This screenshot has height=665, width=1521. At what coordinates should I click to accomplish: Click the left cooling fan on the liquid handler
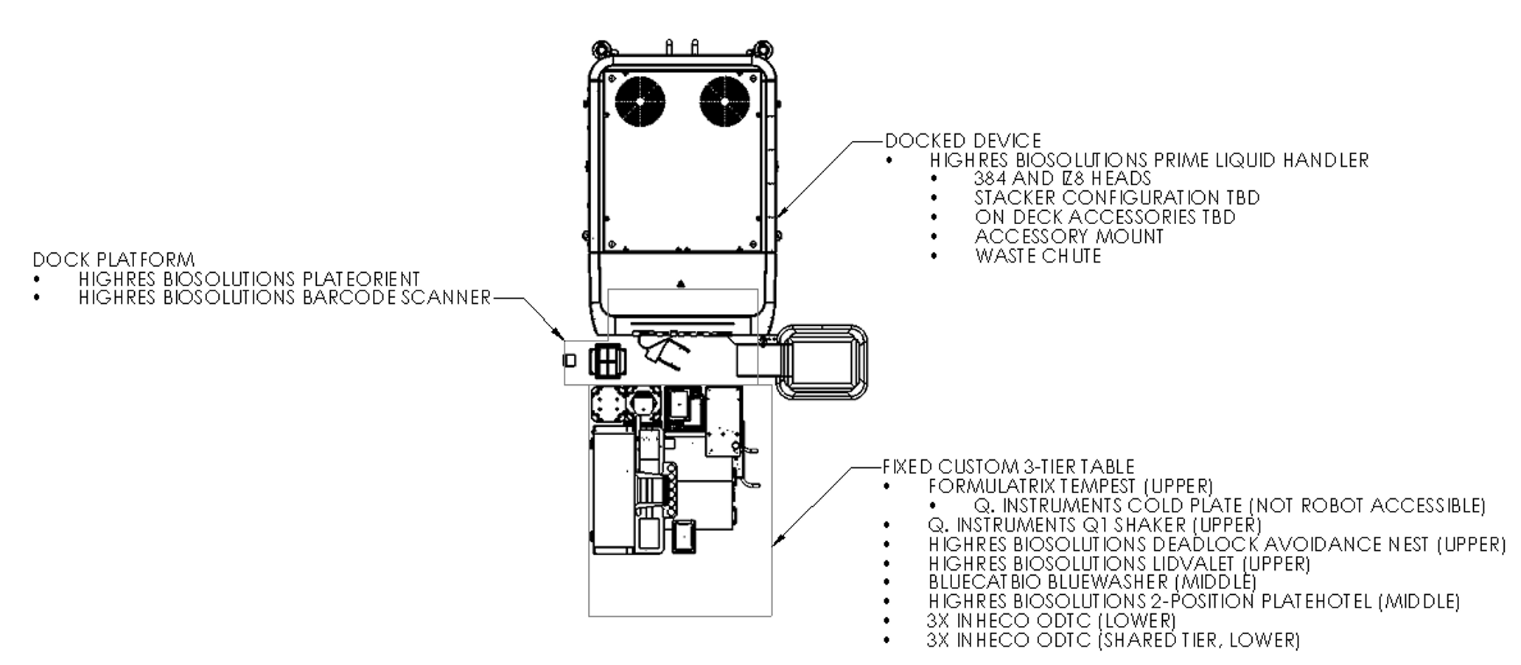(x=640, y=101)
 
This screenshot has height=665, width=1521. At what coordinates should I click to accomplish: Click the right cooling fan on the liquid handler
(x=724, y=101)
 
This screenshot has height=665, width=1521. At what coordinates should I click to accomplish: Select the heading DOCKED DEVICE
(x=962, y=141)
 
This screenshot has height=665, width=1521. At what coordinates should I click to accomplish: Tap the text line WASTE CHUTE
(x=1038, y=257)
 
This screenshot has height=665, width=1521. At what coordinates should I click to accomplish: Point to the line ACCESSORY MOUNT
(x=1069, y=237)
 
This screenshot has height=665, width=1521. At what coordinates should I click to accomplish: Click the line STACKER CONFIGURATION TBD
(x=1116, y=198)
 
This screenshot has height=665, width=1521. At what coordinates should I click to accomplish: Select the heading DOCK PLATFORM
(x=113, y=260)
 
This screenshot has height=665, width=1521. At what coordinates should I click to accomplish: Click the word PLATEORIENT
(x=361, y=279)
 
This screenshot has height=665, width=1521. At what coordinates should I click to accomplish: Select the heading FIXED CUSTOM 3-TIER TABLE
(x=1008, y=467)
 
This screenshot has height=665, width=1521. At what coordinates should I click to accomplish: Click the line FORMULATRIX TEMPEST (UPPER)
(x=1070, y=487)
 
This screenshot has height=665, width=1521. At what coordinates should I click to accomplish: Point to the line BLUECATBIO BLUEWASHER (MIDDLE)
(x=1092, y=582)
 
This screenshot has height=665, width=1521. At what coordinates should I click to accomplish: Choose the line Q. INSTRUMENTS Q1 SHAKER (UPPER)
(x=1094, y=525)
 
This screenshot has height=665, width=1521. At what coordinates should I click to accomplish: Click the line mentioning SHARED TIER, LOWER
(x=1113, y=640)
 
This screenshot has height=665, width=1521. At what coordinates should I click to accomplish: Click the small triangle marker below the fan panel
(x=680, y=283)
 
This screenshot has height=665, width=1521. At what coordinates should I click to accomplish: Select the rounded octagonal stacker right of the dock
(x=824, y=362)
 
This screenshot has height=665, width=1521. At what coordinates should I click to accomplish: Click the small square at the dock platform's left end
(x=569, y=360)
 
